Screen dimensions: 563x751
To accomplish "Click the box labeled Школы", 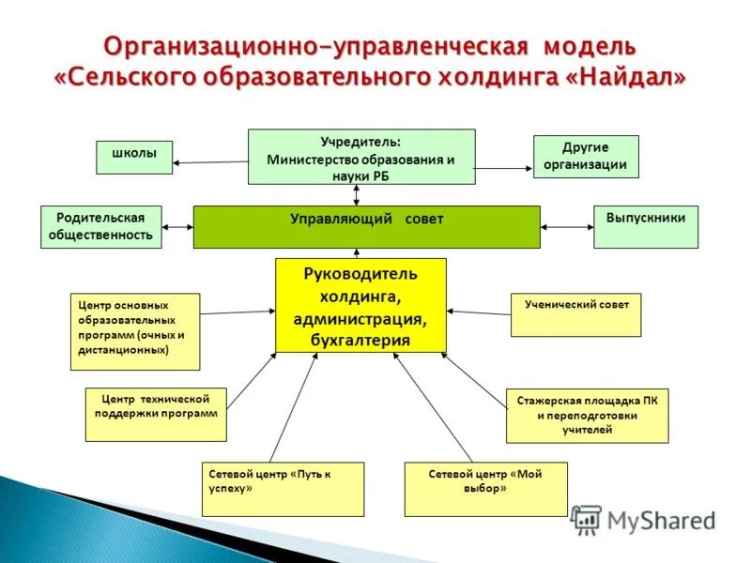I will [134, 157].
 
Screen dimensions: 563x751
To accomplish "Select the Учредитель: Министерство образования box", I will [360, 157].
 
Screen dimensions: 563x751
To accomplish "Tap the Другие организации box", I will [586, 157].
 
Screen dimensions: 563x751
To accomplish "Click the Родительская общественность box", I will [101, 227].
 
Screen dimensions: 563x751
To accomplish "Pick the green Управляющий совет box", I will [366, 227].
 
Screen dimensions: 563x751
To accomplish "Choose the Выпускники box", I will [646, 227].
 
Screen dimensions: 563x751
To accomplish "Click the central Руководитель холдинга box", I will [360, 306].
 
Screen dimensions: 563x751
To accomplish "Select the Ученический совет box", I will [576, 315].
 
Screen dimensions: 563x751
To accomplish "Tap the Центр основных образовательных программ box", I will [135, 331].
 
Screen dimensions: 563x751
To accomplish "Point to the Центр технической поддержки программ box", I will [156, 415].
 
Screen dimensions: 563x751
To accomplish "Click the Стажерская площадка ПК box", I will [588, 416].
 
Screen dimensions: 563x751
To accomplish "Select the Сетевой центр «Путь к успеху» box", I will [283, 489].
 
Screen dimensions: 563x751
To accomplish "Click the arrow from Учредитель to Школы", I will [210, 162].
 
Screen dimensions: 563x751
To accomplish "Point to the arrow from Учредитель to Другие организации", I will [503, 168].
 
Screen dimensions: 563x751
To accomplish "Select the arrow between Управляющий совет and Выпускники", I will [567, 226].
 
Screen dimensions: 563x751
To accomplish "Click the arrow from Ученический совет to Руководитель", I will [479, 312].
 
